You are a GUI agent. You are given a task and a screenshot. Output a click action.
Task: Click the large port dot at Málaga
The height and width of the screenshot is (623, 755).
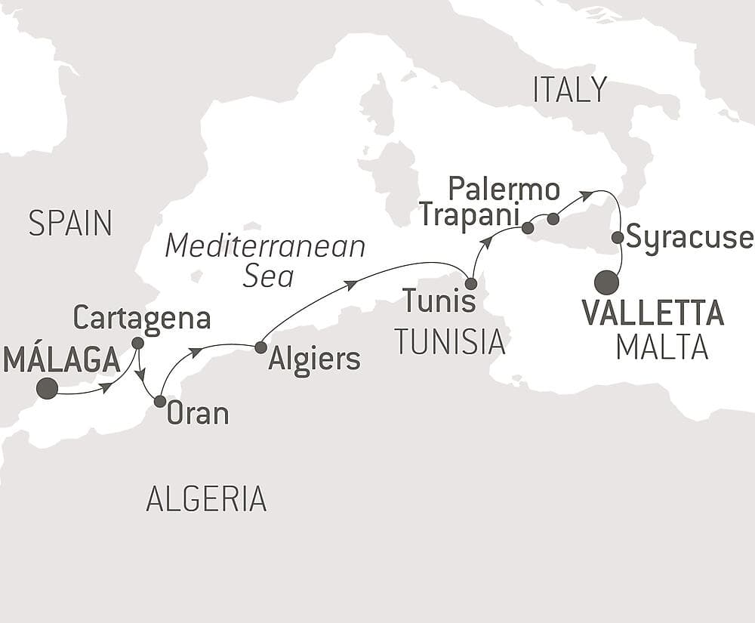(47, 388)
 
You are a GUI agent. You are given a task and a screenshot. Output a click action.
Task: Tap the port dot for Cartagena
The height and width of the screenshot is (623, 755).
(137, 343)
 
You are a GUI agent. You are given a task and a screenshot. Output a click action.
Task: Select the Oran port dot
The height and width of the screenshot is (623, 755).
(160, 401)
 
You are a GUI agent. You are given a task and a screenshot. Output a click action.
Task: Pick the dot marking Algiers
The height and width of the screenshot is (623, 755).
(260, 347)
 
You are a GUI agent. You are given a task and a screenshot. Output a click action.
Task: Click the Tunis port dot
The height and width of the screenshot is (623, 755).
(471, 284)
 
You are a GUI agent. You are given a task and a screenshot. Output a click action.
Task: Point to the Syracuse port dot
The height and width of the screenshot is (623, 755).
(617, 237)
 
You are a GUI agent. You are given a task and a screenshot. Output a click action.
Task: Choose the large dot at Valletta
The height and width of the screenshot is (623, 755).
(606, 283)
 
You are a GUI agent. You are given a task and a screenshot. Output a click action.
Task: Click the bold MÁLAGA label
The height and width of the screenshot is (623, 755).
(62, 359)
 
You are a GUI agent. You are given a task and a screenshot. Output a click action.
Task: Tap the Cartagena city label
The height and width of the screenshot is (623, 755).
(142, 318)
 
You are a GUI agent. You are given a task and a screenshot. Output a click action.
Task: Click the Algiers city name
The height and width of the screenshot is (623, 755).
(315, 359)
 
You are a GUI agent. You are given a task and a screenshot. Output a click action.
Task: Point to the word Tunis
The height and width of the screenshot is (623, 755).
(439, 301)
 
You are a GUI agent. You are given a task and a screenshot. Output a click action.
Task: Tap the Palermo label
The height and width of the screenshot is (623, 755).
(504, 188)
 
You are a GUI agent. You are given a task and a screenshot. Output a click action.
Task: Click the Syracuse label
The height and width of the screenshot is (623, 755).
(689, 237)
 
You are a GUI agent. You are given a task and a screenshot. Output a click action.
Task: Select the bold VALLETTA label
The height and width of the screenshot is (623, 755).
(653, 313)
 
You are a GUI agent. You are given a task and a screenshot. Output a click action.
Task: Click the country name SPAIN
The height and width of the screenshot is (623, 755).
(70, 223)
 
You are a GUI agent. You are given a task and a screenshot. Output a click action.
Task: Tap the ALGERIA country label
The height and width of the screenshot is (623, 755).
(206, 498)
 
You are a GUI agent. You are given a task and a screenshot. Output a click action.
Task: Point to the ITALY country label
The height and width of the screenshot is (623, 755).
(570, 90)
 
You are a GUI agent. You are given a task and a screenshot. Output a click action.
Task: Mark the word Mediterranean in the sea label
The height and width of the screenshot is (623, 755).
(266, 246)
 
